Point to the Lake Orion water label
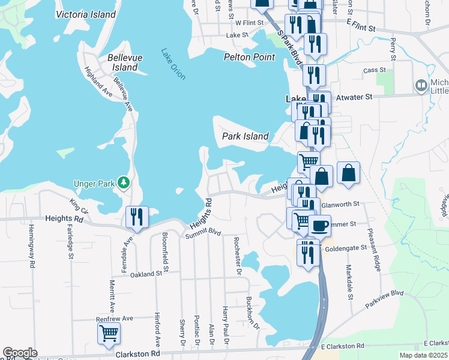173,64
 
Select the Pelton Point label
249,57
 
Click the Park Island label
245,136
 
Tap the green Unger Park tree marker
124,182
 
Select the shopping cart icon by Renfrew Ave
109,334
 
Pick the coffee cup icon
320,226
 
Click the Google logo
20,353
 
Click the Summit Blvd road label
199,236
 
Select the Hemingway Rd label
31,246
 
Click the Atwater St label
354,96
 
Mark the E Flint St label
361,28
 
